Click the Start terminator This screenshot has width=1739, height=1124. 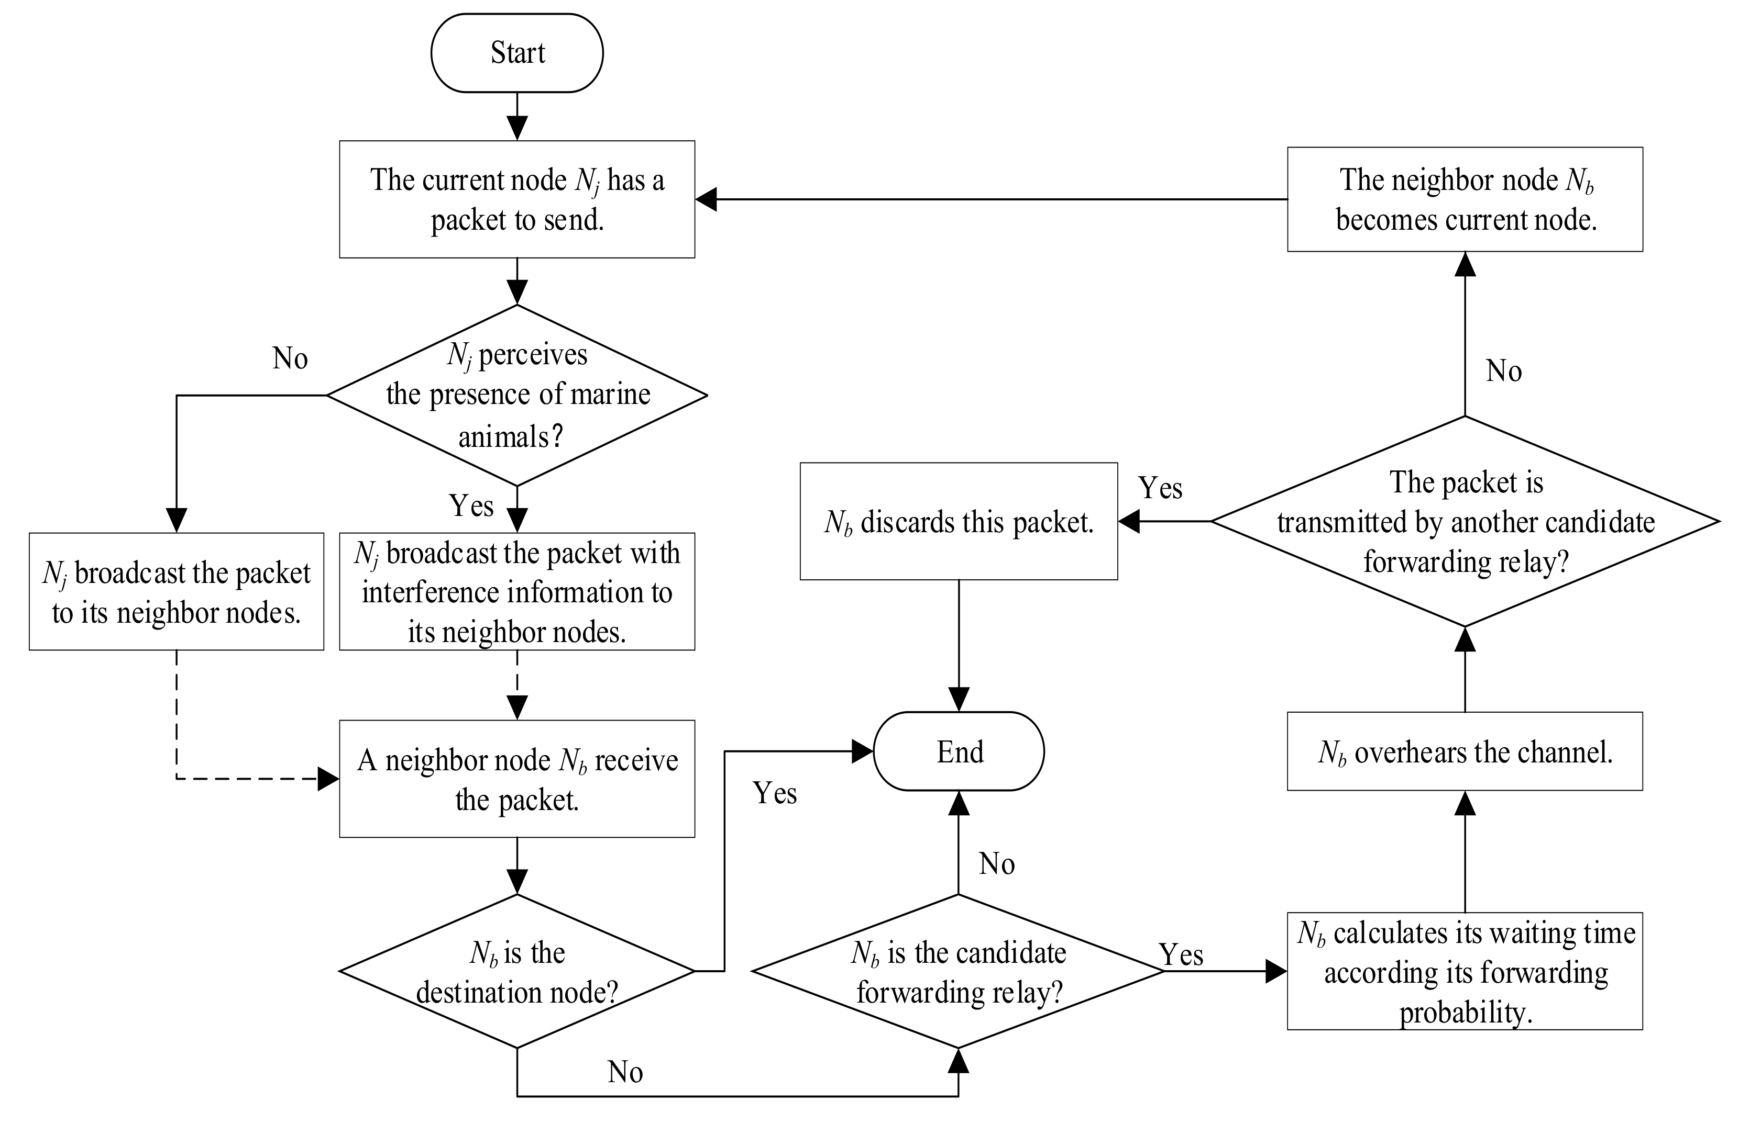click(516, 52)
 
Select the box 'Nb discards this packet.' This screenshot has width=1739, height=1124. click(958, 522)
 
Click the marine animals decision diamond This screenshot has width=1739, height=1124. click(516, 395)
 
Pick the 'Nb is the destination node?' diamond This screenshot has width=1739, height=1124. click(516, 971)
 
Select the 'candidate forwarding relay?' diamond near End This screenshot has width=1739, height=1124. click(958, 971)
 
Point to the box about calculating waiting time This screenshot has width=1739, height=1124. click(1465, 971)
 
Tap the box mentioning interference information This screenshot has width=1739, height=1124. click(516, 591)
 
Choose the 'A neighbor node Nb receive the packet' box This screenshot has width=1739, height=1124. click(516, 779)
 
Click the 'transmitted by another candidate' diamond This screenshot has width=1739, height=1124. click(1465, 521)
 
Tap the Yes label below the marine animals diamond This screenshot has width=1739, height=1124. click(471, 505)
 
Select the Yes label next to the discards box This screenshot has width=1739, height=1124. click(1160, 488)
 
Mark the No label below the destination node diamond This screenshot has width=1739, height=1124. click(625, 1072)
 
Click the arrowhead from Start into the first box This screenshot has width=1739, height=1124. click(516, 129)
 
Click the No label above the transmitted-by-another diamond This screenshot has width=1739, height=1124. click(1504, 371)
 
